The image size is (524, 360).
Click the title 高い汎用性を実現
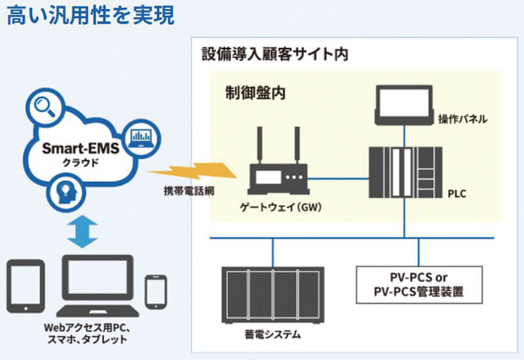(90, 16)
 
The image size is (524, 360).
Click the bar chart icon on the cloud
(141, 136)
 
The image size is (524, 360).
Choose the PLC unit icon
(405, 175)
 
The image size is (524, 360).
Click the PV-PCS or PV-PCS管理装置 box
(418, 284)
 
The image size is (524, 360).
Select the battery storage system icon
(272, 293)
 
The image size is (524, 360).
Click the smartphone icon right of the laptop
(156, 291)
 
